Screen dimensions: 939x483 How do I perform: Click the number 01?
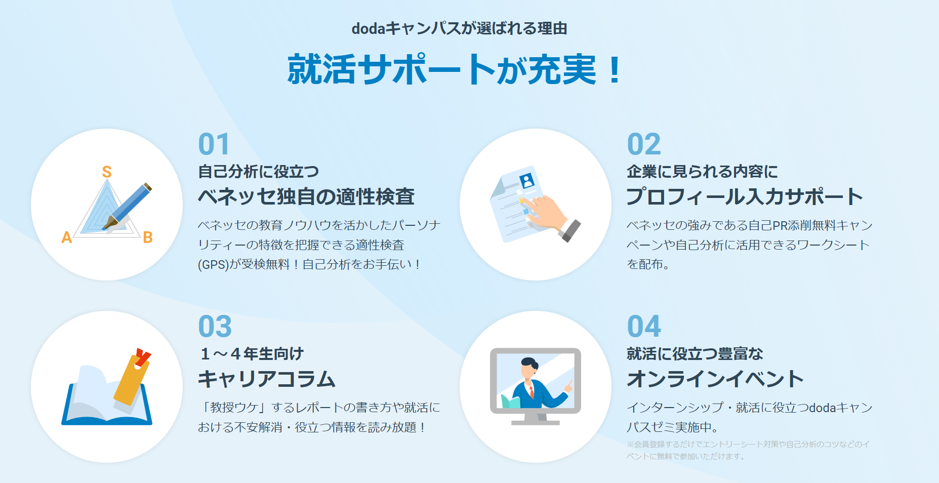(214, 144)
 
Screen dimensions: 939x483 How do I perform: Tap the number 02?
(643, 144)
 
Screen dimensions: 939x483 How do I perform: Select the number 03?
(215, 327)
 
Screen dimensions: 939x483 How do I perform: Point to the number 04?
(644, 327)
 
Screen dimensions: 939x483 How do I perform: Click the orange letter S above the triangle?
(107, 172)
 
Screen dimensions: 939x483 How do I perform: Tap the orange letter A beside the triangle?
(67, 237)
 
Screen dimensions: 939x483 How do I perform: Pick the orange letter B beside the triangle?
(148, 237)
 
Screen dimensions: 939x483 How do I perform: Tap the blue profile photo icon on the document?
(527, 181)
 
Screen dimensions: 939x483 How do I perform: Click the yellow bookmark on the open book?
(131, 380)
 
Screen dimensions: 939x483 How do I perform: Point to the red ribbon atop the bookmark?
(143, 356)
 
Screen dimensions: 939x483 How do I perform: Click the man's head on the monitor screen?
(528, 369)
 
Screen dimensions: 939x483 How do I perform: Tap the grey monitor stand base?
(535, 422)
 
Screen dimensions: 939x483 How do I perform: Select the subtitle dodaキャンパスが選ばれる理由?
(459, 28)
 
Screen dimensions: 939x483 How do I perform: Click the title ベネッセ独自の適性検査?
(306, 196)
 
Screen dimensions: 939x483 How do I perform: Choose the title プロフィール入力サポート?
(745, 196)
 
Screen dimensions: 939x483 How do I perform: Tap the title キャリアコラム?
(267, 379)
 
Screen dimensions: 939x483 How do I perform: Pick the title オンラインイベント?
(715, 379)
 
